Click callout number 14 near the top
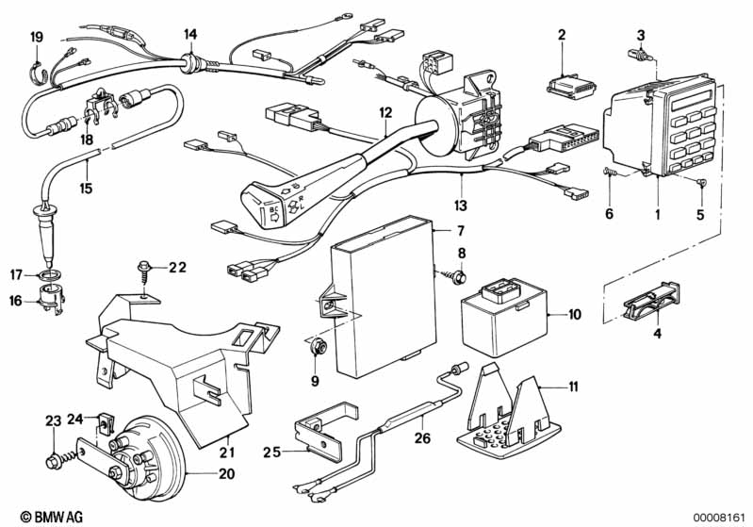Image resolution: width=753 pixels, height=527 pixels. pos(190,35)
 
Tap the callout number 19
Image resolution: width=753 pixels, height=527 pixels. pos(37,37)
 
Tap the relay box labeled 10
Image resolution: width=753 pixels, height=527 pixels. pos(504,307)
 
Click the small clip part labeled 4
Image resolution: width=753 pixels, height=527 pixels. pos(649,302)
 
